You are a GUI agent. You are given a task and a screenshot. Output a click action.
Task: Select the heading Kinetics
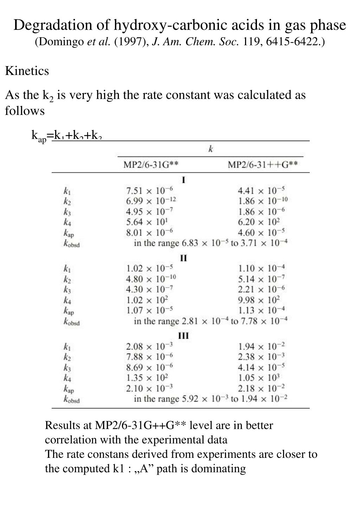coord(27,71)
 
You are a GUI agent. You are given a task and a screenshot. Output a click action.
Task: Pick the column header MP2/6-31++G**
coord(263,165)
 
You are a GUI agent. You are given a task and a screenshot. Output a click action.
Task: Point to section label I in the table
coord(184,180)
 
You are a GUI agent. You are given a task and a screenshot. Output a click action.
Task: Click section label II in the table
coord(184,258)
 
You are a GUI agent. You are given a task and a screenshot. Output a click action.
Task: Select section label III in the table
coord(184,336)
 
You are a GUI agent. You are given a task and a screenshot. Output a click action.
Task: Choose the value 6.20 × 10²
coord(259,222)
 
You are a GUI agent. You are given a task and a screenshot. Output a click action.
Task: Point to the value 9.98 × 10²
coord(259,300)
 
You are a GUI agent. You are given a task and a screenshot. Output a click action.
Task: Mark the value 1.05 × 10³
coord(259,378)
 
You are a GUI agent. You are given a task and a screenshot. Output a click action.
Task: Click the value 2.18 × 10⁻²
coord(261,389)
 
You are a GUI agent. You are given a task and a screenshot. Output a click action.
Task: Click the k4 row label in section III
coord(67,378)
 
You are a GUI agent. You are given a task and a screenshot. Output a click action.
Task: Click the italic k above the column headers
coord(211,149)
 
